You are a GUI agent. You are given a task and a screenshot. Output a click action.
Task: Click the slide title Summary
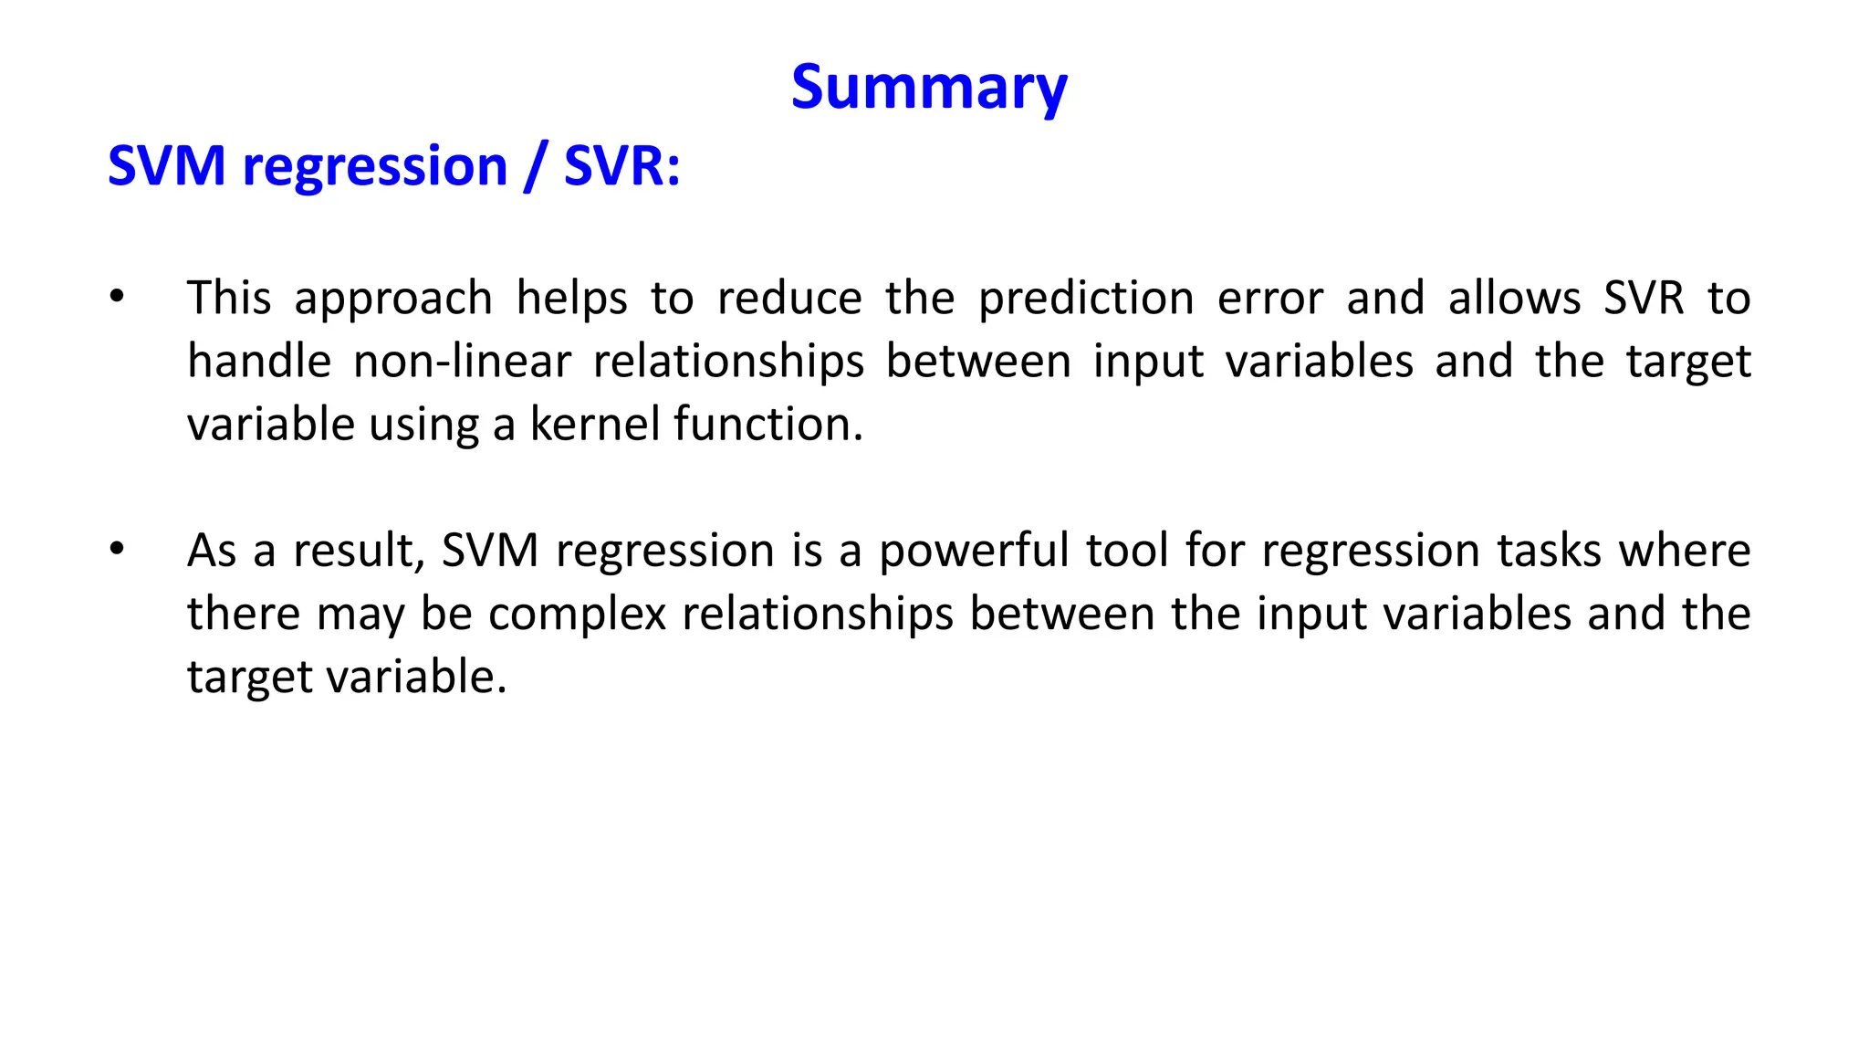[x=928, y=88]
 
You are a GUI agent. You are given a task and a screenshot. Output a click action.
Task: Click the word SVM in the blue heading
[x=166, y=166]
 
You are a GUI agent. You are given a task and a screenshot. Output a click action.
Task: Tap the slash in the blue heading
[x=535, y=166]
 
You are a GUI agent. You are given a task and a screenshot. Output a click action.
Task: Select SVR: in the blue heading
[x=621, y=166]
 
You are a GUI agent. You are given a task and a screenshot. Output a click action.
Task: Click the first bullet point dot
[x=116, y=297]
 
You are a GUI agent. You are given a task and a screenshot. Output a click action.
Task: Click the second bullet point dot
[x=116, y=549]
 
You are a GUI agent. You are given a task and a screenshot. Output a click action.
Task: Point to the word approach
[x=393, y=300]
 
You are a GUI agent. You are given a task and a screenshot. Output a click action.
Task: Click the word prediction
[x=1086, y=300]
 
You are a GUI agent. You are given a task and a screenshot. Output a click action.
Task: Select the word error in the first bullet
[x=1269, y=300]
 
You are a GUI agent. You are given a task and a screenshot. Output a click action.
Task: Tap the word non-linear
[x=462, y=362]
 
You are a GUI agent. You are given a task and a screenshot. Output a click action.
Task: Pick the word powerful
[x=974, y=552]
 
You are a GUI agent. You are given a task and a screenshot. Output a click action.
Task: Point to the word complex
[x=577, y=615]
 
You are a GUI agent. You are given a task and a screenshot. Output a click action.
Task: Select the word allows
[x=1515, y=300]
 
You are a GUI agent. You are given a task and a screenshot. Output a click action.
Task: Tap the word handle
[x=259, y=362]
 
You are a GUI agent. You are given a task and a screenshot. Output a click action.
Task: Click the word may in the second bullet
[x=360, y=615]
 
